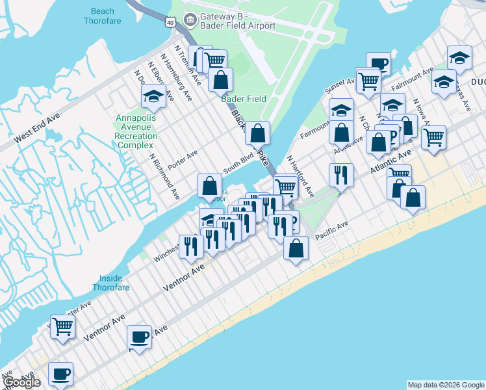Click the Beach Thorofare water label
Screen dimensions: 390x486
click(x=99, y=16)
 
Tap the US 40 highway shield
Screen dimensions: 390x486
click(x=170, y=23)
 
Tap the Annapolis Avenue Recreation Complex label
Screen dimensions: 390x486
click(x=136, y=131)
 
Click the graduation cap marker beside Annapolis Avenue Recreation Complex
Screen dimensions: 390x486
click(x=153, y=97)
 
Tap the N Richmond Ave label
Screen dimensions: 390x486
click(x=164, y=176)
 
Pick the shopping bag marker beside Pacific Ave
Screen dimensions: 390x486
click(x=296, y=248)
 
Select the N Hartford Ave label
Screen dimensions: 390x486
click(x=300, y=176)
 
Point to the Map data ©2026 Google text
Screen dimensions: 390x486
click(x=446, y=385)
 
